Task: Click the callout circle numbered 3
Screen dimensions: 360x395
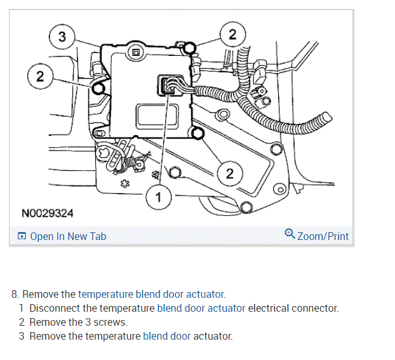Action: click(62, 37)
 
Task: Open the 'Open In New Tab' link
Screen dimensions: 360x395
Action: click(68, 236)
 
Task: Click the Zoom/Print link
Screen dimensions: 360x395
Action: click(323, 236)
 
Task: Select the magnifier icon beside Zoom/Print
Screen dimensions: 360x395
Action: click(290, 235)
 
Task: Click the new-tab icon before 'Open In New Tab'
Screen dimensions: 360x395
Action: click(22, 237)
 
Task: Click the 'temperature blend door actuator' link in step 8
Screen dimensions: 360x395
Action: click(151, 294)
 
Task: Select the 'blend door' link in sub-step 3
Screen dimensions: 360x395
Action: click(166, 336)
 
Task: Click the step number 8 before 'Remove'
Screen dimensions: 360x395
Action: click(15, 294)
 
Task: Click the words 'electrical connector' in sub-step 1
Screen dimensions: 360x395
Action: click(293, 308)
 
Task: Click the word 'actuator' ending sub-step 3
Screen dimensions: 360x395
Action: click(213, 336)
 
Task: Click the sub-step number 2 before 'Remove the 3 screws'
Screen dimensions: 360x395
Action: click(21, 322)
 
